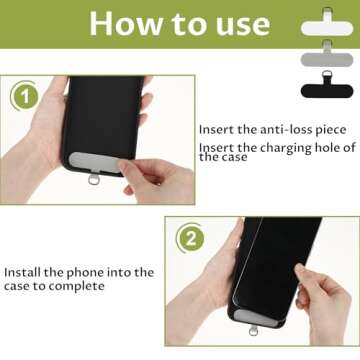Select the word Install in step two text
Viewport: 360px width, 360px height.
point(25,272)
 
